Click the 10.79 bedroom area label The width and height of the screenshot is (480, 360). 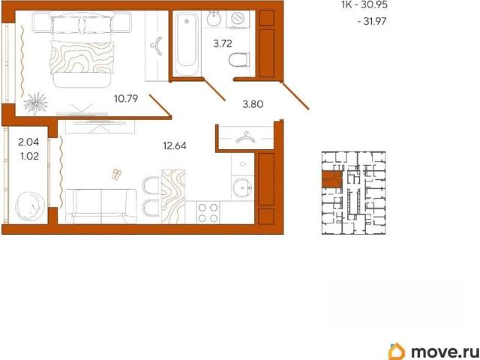tap(126, 98)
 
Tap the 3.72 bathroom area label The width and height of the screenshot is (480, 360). tap(223, 43)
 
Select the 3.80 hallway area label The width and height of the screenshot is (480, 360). tap(253, 104)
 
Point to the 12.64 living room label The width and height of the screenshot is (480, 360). tap(175, 145)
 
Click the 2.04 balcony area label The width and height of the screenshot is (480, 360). tap(28, 142)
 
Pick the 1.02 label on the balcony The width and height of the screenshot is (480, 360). tap(28, 156)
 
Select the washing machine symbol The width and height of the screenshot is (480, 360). tap(238, 19)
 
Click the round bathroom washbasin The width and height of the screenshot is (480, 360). tap(214, 19)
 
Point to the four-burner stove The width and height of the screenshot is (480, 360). tap(208, 213)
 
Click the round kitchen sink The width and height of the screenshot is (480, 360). tap(242, 187)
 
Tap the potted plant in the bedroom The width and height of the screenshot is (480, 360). tap(36, 103)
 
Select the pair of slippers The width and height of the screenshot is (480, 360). tap(117, 174)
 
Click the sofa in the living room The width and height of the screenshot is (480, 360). tap(100, 206)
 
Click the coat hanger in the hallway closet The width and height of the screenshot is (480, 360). tap(246, 137)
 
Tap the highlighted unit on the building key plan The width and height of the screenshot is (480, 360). tap(331, 179)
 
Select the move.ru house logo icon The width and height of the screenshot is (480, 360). tap(397, 351)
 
